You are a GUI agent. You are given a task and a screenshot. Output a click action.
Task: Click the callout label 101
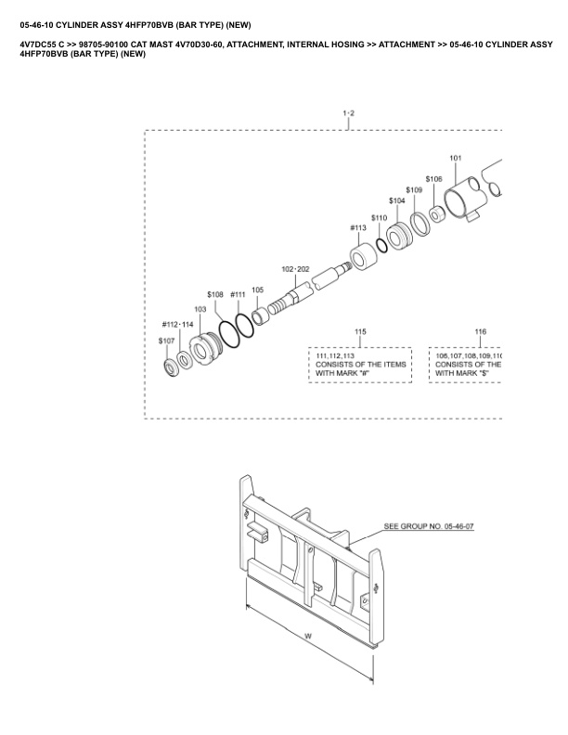pyautogui.click(x=456, y=158)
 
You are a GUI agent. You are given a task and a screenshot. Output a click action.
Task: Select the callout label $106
pyautogui.click(x=433, y=178)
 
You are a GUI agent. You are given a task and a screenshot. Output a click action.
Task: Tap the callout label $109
pyautogui.click(x=414, y=189)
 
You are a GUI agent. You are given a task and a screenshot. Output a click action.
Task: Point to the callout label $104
pyautogui.click(x=396, y=200)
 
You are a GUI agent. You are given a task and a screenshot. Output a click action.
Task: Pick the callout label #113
pyautogui.click(x=358, y=227)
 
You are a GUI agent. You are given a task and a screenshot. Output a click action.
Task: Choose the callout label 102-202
pyautogui.click(x=295, y=268)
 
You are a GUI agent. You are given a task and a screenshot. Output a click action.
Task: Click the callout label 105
pyautogui.click(x=258, y=290)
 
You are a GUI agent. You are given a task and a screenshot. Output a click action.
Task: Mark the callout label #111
pyautogui.click(x=238, y=294)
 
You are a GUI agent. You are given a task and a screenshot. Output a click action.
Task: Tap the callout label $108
pyautogui.click(x=215, y=294)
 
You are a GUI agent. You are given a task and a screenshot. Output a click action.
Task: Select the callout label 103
pyautogui.click(x=200, y=309)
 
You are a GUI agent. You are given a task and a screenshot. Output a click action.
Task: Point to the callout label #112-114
pyautogui.click(x=177, y=324)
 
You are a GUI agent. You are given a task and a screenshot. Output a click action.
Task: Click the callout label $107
pyautogui.click(x=166, y=341)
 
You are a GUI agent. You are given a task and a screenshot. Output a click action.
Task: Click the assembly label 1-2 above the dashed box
pyautogui.click(x=349, y=113)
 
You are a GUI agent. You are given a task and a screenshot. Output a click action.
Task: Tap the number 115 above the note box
pyautogui.click(x=360, y=331)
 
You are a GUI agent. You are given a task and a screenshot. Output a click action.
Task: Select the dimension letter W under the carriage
pyautogui.click(x=307, y=636)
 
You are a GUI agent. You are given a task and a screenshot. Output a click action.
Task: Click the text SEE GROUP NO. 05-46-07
pyautogui.click(x=429, y=526)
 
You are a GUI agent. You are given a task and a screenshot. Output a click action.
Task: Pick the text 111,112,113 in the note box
pyautogui.click(x=336, y=355)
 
